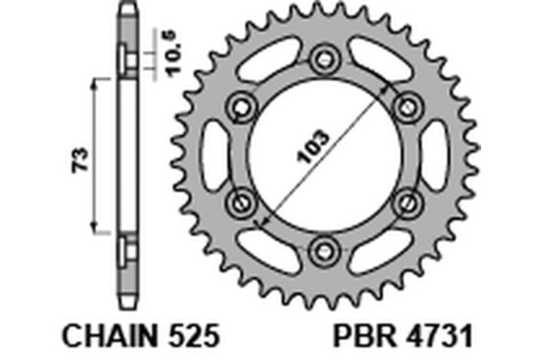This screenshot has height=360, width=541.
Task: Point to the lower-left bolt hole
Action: click(x=241, y=201)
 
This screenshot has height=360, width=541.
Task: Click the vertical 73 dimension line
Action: click(x=95, y=154)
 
